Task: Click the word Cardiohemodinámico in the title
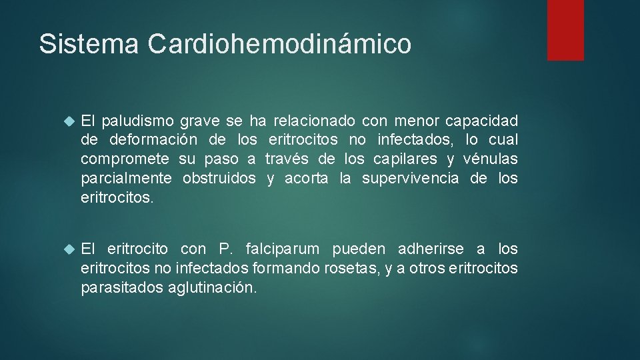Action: click(279, 44)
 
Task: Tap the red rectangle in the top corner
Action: click(565, 30)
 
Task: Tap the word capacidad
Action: click(481, 121)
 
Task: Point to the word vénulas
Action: click(491, 159)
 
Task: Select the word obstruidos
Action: click(219, 179)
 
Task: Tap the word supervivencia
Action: click(410, 179)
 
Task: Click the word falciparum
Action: click(283, 249)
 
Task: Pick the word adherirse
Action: click(431, 249)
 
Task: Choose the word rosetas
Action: click(351, 269)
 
